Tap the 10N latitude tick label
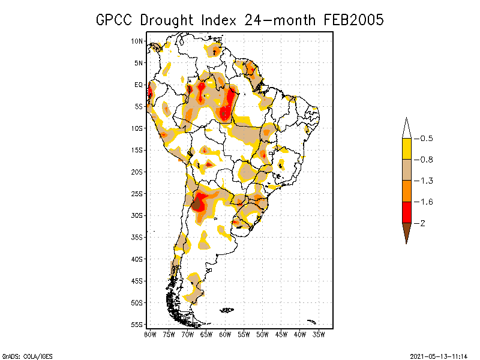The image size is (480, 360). (x=137, y=41)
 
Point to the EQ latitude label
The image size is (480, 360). (x=139, y=85)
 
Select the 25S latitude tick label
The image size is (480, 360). (x=137, y=194)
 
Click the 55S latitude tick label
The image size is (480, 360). (x=137, y=325)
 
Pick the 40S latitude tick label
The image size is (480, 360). (x=137, y=259)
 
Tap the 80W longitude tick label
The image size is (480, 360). (x=150, y=335)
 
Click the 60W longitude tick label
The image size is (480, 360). (x=225, y=335)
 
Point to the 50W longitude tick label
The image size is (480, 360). (x=262, y=335)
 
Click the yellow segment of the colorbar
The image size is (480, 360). (x=406, y=149)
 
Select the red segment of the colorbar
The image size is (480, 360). (x=406, y=212)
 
